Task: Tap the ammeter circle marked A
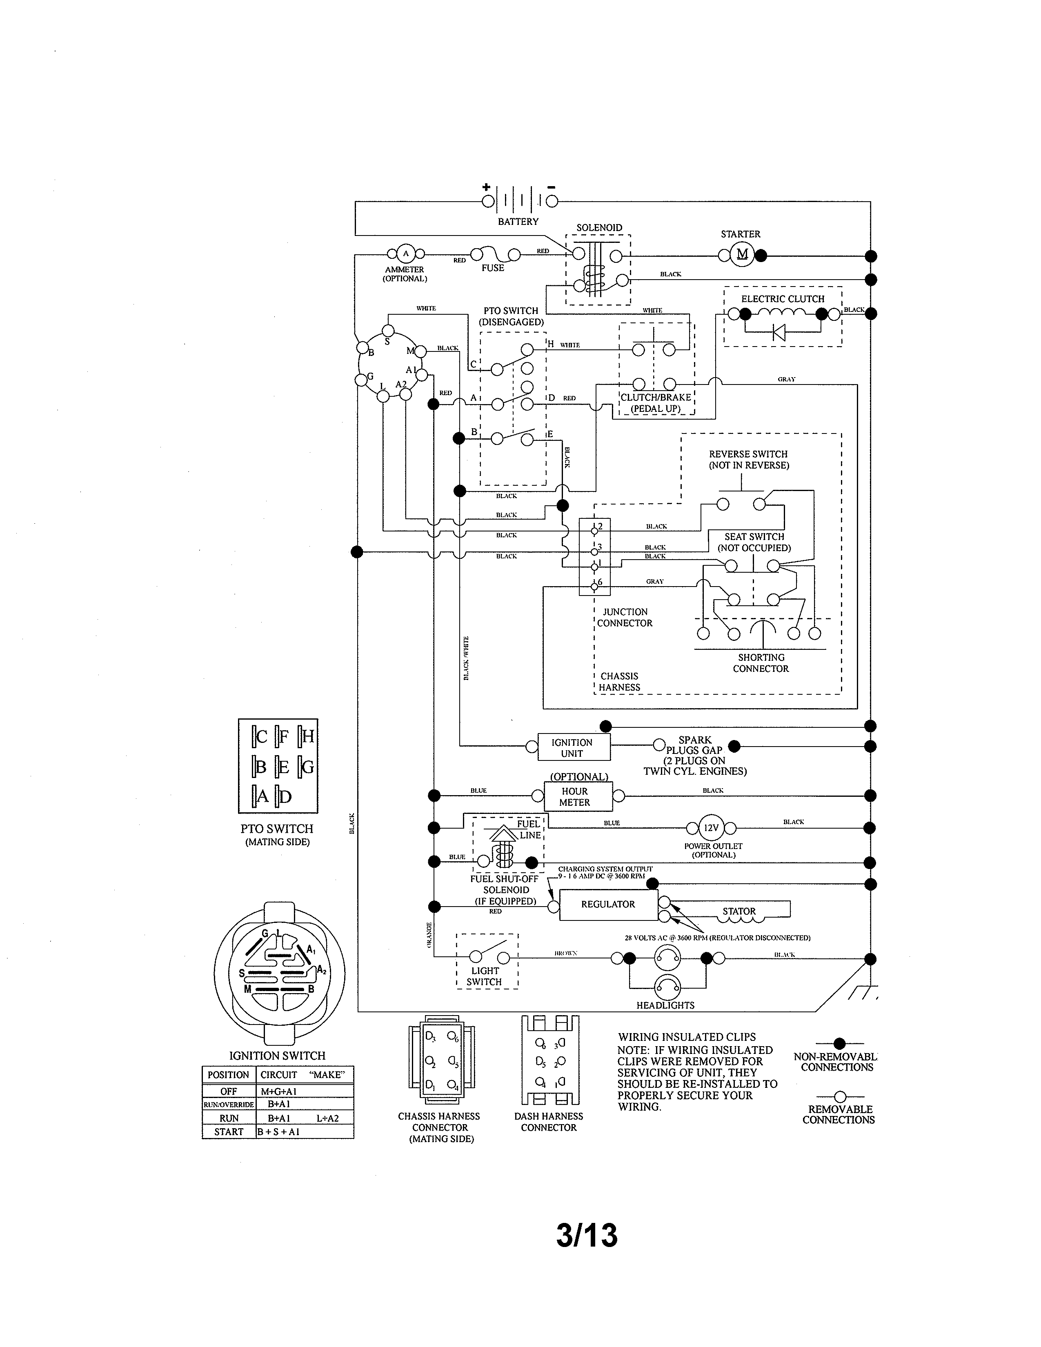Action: [x=405, y=253]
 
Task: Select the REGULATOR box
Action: [x=608, y=904]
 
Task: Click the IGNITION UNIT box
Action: [x=572, y=747]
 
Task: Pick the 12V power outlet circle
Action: [x=712, y=828]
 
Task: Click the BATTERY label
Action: [x=518, y=221]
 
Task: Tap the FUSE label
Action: [x=493, y=268]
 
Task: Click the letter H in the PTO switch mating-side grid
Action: [x=308, y=736]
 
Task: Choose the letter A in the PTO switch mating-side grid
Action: [x=262, y=796]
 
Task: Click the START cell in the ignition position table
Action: [x=229, y=1132]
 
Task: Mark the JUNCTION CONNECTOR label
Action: [x=625, y=617]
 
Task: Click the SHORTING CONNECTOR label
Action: [x=761, y=663]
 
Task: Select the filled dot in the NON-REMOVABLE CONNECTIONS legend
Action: [x=839, y=1044]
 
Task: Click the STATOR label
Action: [x=739, y=911]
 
